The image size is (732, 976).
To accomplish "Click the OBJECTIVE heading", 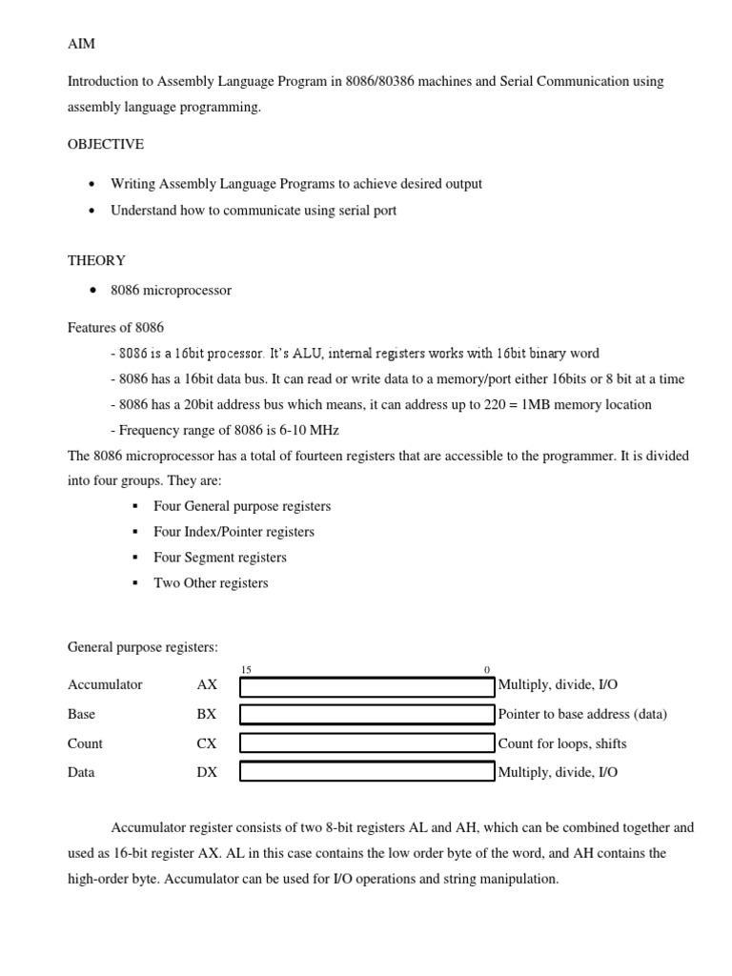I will point(106,144).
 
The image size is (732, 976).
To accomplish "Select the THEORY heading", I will point(96,260).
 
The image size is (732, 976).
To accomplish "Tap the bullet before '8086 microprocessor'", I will point(91,291).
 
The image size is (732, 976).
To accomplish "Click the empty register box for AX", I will point(366,686).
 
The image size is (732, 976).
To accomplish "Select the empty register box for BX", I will point(366,715).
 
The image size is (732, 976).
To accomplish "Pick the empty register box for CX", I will point(366,743).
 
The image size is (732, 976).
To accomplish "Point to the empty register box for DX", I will point(366,772).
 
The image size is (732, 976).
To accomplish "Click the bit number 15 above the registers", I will point(247,670).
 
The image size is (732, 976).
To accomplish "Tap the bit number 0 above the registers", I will point(487,670).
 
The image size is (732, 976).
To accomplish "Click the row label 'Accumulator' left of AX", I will point(105,685).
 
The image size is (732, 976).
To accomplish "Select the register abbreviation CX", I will point(207,743).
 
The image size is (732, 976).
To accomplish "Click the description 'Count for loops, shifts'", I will point(562,743).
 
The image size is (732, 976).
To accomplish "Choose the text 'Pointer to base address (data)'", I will point(582,714).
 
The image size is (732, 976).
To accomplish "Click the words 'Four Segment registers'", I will point(220,558).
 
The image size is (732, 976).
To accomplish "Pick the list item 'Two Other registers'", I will point(211,583).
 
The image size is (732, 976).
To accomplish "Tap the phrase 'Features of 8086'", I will point(115,327).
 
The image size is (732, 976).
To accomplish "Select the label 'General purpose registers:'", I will point(143,647).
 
